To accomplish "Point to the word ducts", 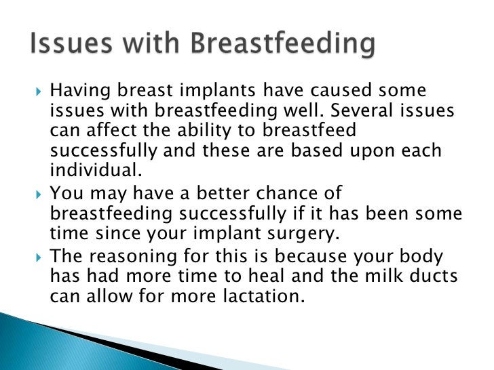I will click(x=448, y=278).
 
